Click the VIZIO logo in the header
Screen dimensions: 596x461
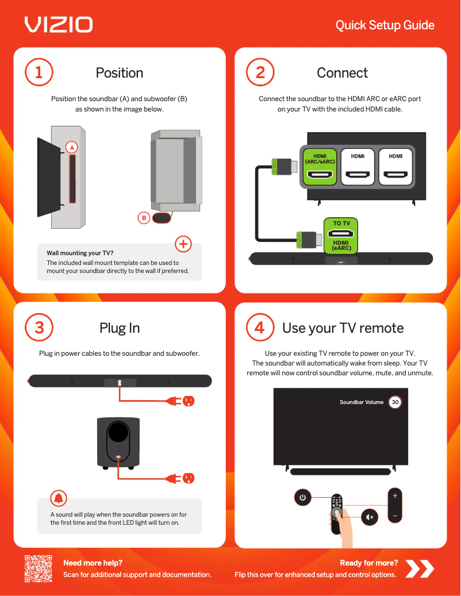[x=58, y=25]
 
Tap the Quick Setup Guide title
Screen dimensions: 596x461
[x=385, y=25]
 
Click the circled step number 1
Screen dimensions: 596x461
[x=39, y=73]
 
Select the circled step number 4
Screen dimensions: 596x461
[x=260, y=328]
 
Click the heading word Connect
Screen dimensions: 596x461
[x=342, y=73]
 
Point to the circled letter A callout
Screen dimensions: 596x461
[x=72, y=148]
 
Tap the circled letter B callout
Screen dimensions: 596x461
[x=144, y=218]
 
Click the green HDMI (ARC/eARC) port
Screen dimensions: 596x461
[x=320, y=166]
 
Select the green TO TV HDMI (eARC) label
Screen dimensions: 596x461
[x=341, y=236]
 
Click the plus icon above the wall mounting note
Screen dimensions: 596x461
[x=183, y=244]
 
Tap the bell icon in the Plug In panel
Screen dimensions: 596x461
[x=59, y=498]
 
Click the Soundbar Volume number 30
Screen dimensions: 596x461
[x=395, y=402]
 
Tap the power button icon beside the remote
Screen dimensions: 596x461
[x=303, y=498]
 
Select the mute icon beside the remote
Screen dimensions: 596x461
[x=370, y=517]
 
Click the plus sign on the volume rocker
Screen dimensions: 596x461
[x=395, y=495]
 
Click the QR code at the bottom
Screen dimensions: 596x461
[x=39, y=569]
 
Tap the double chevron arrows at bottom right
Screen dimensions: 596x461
[x=420, y=569]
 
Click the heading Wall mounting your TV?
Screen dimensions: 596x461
[x=80, y=253]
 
